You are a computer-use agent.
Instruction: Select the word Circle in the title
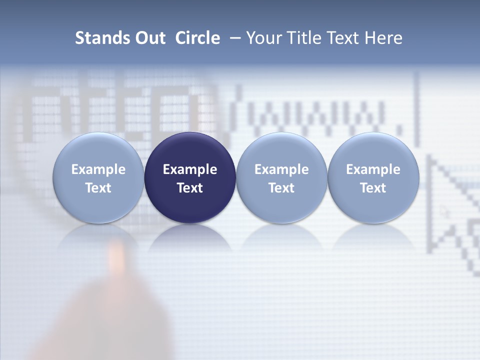[x=197, y=38]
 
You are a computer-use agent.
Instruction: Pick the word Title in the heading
[x=304, y=38]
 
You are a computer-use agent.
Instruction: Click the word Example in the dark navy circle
[x=190, y=170]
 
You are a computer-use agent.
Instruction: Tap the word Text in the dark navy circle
[x=190, y=188]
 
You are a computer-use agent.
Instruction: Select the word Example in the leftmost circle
[x=98, y=170]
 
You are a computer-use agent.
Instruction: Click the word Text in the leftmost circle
[x=98, y=188]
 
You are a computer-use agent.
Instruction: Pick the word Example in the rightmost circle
[x=373, y=170]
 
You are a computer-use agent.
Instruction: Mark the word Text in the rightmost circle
[x=373, y=188]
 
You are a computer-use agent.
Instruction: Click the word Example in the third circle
[x=281, y=170]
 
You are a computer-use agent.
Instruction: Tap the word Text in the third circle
[x=281, y=188]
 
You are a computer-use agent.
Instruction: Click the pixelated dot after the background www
[x=399, y=131]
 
